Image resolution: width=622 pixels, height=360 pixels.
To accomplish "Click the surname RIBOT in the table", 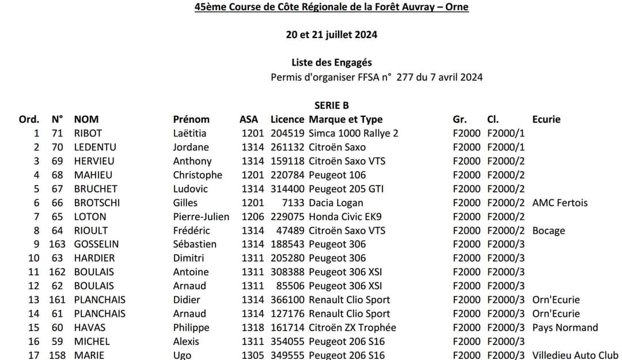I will [88, 133].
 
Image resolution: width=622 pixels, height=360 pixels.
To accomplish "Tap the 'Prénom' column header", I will [191, 119].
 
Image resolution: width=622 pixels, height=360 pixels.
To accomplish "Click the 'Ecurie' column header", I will [546, 119].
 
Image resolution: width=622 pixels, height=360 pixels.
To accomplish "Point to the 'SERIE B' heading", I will [331, 105].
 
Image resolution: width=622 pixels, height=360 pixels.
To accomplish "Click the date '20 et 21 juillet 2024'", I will [331, 35].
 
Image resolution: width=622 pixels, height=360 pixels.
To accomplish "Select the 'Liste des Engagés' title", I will [331, 63].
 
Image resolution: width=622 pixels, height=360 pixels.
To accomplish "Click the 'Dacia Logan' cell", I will [336, 203].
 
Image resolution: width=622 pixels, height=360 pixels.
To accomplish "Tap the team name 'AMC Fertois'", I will [560, 203].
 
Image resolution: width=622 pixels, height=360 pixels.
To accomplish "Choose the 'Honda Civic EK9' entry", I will [345, 217].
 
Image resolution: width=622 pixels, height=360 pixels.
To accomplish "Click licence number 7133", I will [293, 203].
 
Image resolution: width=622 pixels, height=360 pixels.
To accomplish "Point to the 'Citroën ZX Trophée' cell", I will [352, 328].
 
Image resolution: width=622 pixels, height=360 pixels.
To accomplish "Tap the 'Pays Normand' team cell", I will [565, 328].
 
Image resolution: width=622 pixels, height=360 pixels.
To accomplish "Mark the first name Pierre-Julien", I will [201, 217].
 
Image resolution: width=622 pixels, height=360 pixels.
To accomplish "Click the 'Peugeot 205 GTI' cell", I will [346, 189].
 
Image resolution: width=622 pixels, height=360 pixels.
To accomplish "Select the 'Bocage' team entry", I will [548, 230].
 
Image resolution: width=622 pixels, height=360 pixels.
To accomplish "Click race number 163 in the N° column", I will [57, 244].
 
